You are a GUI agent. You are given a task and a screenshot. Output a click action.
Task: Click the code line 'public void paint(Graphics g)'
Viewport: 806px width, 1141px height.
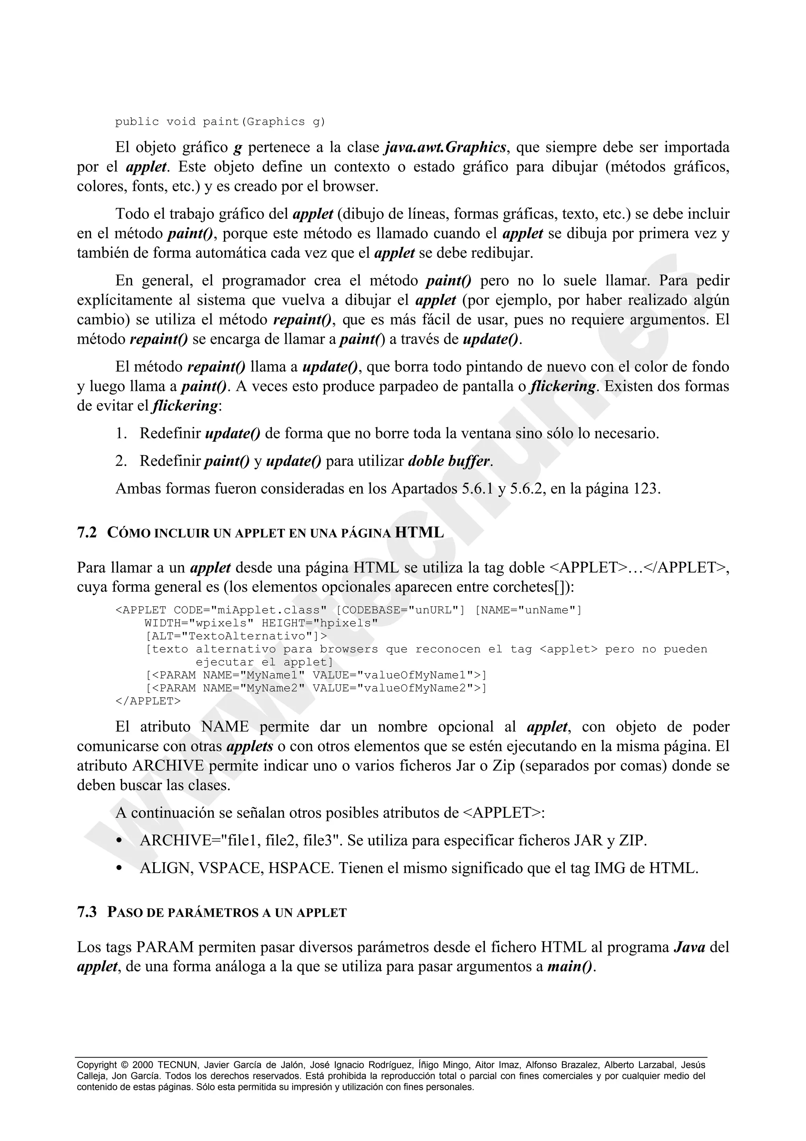pos(220,122)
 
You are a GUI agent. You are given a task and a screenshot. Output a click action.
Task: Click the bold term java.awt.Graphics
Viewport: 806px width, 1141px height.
pos(446,148)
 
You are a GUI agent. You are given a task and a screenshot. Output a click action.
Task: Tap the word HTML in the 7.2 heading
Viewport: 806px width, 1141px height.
pos(419,533)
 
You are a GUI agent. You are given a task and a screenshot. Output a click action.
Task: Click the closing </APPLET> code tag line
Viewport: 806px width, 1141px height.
pos(148,701)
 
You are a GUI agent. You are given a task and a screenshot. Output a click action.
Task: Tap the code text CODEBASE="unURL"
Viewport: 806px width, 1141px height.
pos(400,610)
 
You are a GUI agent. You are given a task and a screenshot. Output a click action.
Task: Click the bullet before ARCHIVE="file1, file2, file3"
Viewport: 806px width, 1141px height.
pos(119,841)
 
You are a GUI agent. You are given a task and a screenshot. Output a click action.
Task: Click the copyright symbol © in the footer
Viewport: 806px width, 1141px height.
pos(124,1065)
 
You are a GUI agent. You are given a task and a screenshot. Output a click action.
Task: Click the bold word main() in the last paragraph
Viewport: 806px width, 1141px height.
pos(570,967)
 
